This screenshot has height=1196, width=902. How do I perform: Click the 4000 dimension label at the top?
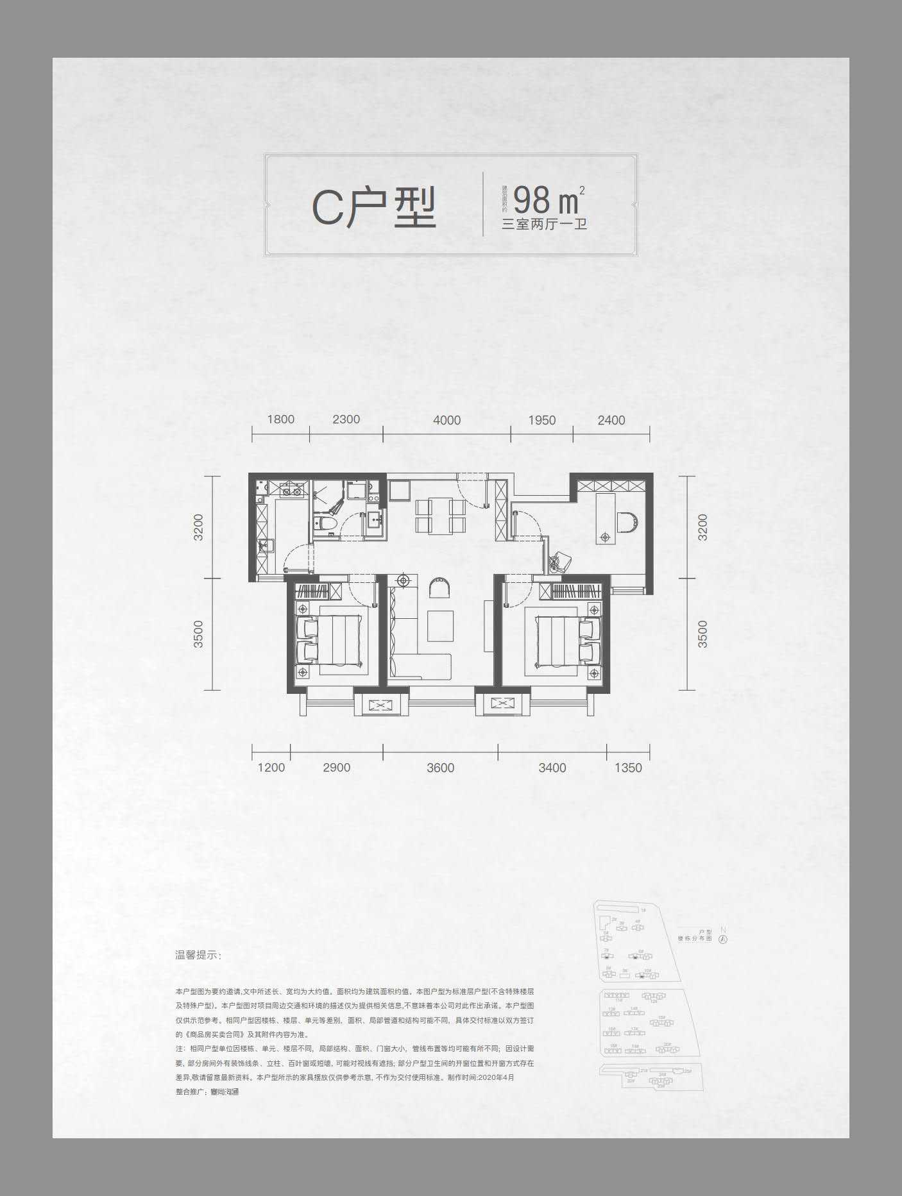click(x=447, y=420)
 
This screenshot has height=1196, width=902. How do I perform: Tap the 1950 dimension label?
click(x=541, y=420)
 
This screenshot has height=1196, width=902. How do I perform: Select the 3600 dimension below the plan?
click(x=440, y=768)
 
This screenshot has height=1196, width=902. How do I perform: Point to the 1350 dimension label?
click(x=627, y=768)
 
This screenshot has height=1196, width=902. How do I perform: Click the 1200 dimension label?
click(x=271, y=768)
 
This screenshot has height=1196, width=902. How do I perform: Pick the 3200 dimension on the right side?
click(x=702, y=526)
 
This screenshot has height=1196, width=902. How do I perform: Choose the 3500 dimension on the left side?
click(x=198, y=634)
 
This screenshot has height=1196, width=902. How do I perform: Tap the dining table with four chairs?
click(x=439, y=515)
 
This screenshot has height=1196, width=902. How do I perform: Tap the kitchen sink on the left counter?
click(x=265, y=547)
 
